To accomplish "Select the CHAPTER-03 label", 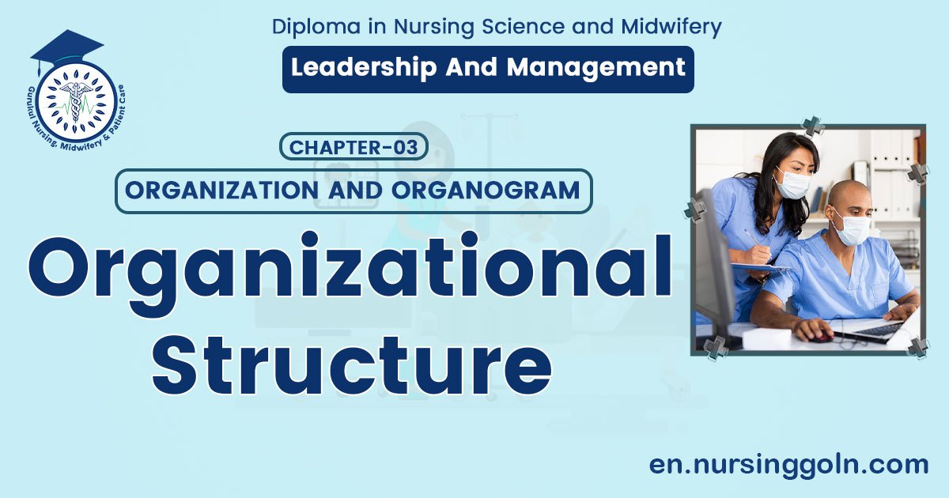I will [354, 147].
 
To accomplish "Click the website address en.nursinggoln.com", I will [788, 465].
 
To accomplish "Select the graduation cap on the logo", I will [66, 49].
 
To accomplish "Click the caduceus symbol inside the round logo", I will [76, 101].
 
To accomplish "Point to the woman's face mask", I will [792, 184].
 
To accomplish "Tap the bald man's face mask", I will [850, 227].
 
